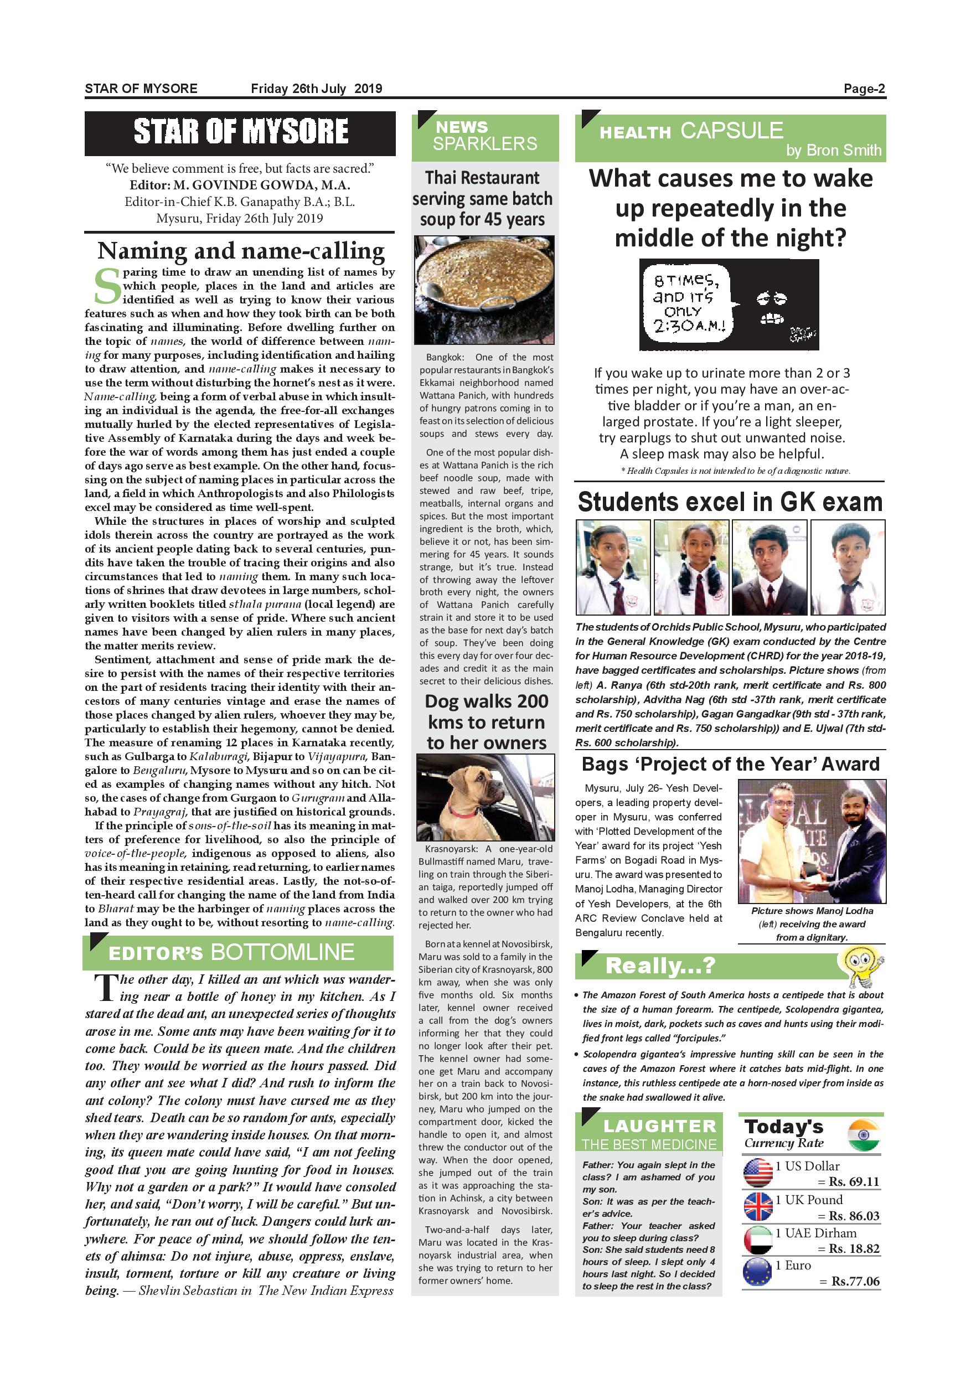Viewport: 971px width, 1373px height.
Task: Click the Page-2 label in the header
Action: point(864,89)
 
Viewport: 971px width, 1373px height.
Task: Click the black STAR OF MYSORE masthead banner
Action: point(240,133)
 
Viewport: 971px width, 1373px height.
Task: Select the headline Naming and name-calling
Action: point(240,251)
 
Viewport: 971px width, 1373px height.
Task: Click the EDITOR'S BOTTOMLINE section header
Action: point(238,952)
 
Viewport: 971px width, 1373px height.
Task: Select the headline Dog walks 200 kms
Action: point(486,722)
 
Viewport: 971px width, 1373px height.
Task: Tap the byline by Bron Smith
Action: point(833,150)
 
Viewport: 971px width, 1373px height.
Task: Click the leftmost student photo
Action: point(613,567)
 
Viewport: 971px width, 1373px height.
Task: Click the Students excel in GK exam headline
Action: point(730,502)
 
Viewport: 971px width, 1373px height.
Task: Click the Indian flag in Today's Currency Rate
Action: point(864,1135)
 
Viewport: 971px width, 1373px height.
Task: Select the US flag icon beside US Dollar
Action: point(757,1173)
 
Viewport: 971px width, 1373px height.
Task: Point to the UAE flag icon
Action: point(757,1240)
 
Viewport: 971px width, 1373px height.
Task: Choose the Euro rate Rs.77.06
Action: point(855,1281)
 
